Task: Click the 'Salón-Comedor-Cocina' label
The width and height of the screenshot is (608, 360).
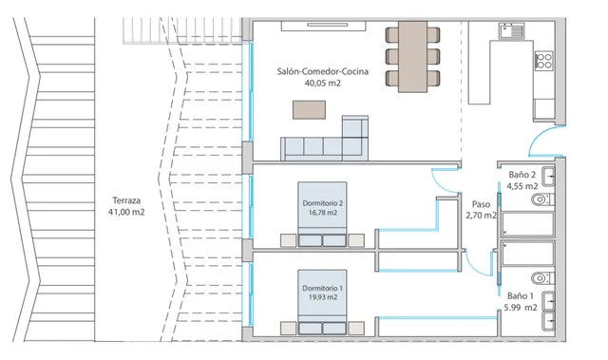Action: [x=322, y=71]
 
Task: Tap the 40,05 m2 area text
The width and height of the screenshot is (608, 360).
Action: [x=322, y=84]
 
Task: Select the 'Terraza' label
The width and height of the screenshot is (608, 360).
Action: [x=126, y=201]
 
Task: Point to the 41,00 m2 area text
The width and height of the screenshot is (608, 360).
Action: [x=126, y=213]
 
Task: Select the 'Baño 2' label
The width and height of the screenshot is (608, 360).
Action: [x=522, y=175]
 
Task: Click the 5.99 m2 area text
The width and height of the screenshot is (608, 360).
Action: [x=521, y=308]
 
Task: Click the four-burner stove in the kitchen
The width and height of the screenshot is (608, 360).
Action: [x=544, y=63]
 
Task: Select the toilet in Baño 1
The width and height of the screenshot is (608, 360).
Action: [x=541, y=278]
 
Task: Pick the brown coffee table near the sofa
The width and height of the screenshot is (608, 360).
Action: [x=309, y=111]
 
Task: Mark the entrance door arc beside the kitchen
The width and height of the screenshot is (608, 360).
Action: [x=549, y=141]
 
